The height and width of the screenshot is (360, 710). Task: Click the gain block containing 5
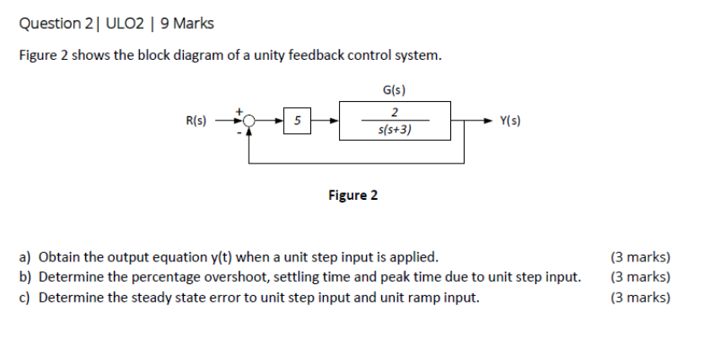pos(296,121)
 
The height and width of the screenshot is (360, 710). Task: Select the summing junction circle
pos(250,121)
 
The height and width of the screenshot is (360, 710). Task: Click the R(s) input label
pos(196,121)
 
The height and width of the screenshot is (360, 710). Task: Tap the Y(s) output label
pos(509,121)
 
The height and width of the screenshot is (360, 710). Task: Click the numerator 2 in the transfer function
pos(395,112)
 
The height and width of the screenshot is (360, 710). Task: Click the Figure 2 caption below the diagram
pos(352,196)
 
